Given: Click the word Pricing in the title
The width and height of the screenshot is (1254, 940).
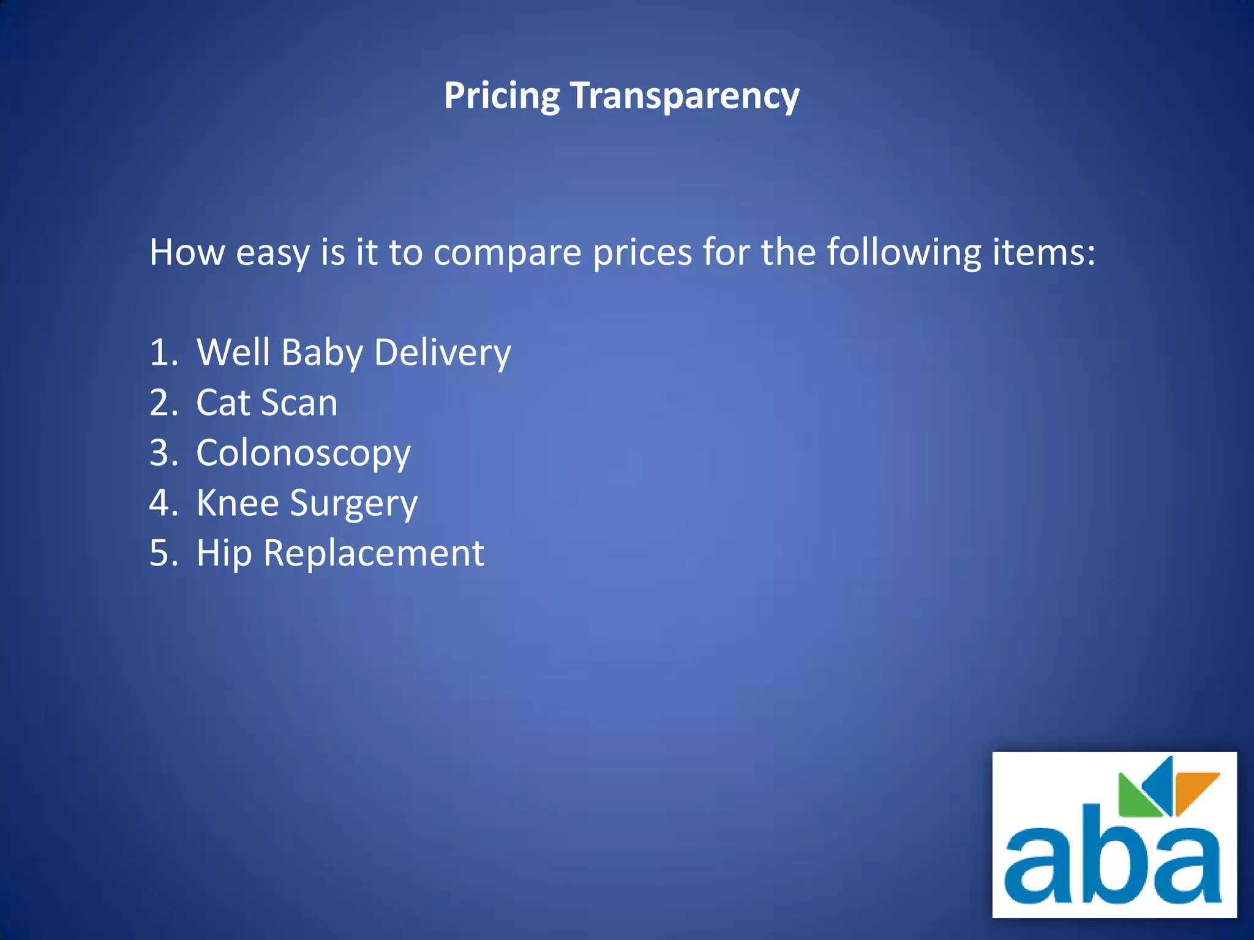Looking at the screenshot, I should [501, 96].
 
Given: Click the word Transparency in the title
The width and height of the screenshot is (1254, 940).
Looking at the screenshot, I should [685, 96].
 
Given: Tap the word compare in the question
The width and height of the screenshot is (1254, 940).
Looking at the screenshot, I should [507, 252].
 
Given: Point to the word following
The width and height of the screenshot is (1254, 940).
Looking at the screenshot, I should [904, 252].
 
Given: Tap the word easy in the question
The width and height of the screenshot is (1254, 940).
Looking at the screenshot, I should [273, 253].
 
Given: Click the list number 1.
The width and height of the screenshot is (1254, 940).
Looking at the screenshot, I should [163, 352].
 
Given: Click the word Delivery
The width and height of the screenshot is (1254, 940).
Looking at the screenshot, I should [442, 353].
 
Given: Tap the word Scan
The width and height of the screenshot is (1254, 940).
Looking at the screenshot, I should [299, 403].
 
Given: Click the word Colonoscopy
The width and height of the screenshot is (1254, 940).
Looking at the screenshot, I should [303, 453].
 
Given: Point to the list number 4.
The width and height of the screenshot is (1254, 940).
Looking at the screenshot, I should [163, 503].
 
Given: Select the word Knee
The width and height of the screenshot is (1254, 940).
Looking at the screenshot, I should [238, 503].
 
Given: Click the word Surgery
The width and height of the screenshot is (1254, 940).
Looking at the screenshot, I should [353, 504].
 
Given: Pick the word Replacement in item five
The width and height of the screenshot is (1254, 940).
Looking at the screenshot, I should [374, 553].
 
